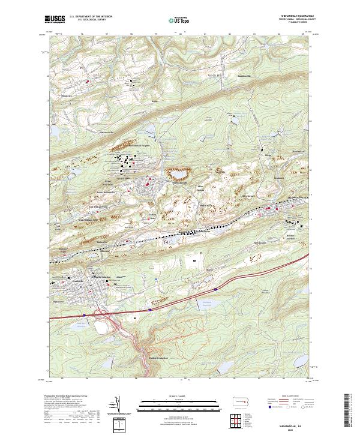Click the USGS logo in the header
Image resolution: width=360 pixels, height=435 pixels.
[55, 19]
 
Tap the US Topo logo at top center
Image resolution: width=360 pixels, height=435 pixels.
[181, 20]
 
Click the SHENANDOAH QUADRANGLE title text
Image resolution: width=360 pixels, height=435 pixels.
[292, 16]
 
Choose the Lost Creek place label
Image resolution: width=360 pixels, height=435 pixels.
[58, 228]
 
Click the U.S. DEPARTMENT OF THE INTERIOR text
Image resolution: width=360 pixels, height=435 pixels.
[91, 17]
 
